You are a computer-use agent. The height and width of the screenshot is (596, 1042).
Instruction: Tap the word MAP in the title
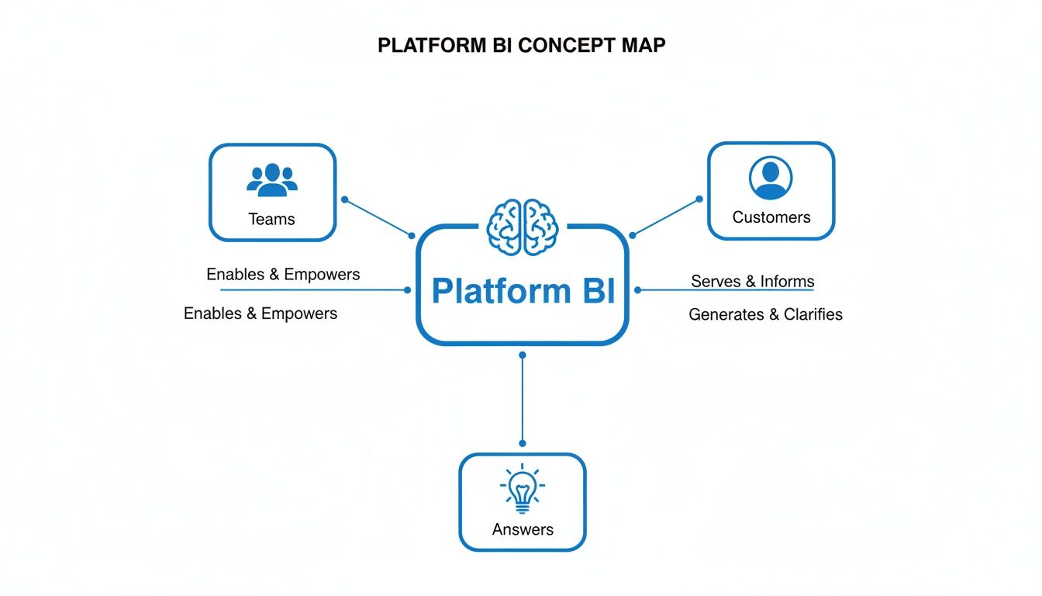[643, 46]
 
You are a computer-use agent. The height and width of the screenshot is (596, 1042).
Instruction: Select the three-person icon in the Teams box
[272, 179]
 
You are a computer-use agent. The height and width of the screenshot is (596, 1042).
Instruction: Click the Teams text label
[271, 219]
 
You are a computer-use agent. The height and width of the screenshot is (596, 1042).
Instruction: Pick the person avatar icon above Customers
[771, 178]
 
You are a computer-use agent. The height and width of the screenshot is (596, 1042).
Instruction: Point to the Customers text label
[771, 217]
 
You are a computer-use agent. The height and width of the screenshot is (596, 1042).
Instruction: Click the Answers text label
[523, 529]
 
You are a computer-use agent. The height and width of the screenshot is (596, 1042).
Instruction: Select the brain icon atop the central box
[523, 227]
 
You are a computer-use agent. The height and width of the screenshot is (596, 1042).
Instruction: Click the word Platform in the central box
[497, 291]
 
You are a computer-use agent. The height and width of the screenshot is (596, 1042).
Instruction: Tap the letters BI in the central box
[595, 291]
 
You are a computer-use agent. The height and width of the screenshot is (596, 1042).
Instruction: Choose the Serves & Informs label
[752, 281]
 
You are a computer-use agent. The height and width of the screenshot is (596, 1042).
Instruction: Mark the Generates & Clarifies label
[765, 314]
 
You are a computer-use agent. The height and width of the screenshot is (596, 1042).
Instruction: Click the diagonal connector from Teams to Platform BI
[378, 217]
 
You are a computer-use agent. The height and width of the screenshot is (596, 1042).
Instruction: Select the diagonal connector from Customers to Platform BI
[666, 217]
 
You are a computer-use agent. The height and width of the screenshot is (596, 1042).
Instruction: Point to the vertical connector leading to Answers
[523, 400]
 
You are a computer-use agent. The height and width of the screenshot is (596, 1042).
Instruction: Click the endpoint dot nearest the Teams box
[345, 199]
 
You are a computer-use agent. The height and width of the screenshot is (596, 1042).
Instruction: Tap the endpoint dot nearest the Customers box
[699, 199]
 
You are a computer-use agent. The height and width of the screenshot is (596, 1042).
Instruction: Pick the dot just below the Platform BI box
[523, 355]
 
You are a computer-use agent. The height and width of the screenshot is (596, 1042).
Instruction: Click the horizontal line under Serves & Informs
[725, 290]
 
